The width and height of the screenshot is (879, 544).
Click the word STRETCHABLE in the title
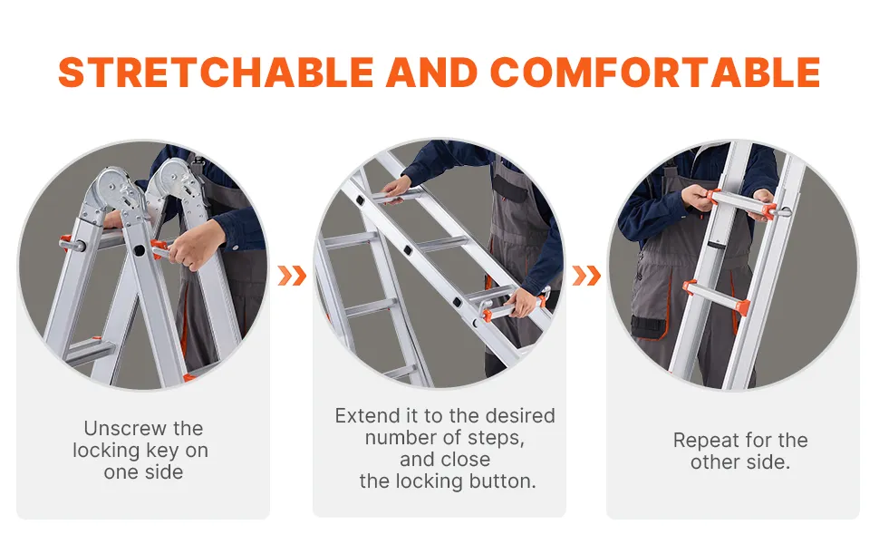pos(216,73)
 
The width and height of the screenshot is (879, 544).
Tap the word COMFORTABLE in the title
pos(655,73)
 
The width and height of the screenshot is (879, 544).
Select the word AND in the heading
pos(431,73)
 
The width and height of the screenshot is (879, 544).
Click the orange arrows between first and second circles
pos(292,276)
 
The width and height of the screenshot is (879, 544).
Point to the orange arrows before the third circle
pos(586,276)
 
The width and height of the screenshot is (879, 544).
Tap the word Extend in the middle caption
pos(365,415)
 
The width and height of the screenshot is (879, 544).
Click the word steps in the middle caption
pos(496,438)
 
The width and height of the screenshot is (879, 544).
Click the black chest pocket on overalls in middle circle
pos(509,187)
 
